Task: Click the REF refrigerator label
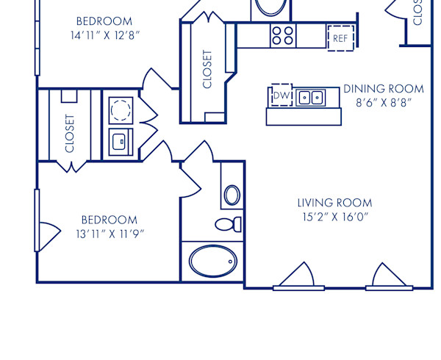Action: click(340, 38)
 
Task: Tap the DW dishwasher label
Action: click(281, 96)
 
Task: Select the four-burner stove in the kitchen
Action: click(282, 35)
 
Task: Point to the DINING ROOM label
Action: click(384, 89)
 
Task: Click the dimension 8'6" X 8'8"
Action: click(384, 103)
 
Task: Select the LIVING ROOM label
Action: click(334, 203)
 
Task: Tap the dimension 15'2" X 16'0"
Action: click(334, 217)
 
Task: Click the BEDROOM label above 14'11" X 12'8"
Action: click(104, 21)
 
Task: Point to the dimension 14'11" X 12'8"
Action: click(104, 35)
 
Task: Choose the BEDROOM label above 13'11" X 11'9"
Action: click(109, 220)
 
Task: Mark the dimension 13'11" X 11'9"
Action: click(109, 234)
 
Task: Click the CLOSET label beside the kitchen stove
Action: click(208, 69)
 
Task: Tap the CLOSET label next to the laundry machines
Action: click(70, 133)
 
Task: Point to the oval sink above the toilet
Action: click(232, 195)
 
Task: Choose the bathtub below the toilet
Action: click(212, 261)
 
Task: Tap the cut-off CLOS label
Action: click(417, 13)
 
